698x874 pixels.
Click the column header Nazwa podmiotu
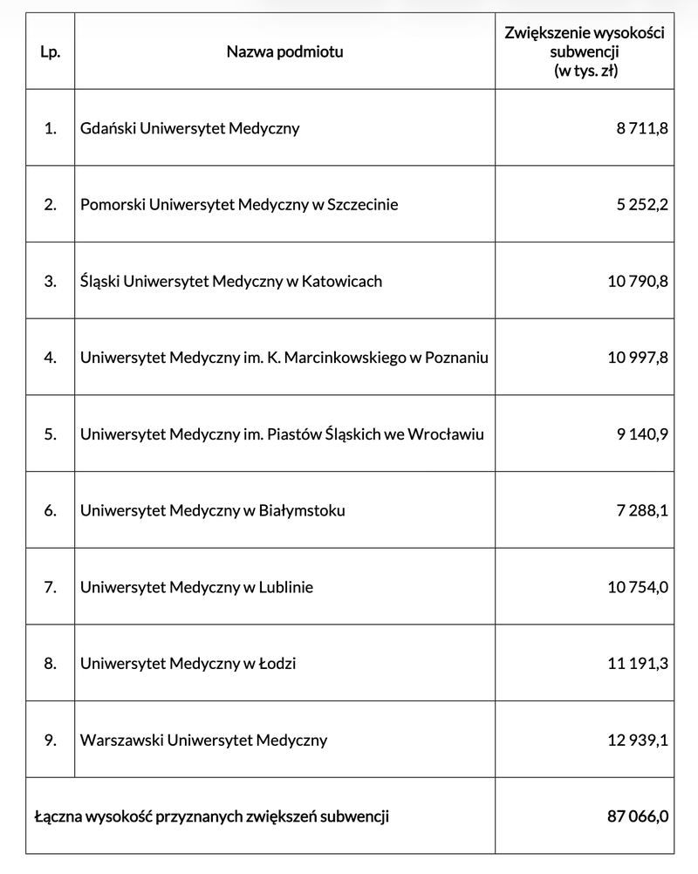pyautogui.click(x=284, y=51)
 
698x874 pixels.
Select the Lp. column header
pyautogui.click(x=50, y=51)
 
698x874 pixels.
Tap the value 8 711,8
pyautogui.click(x=641, y=128)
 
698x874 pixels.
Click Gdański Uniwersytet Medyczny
pyautogui.click(x=189, y=128)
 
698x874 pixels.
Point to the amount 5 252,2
pyautogui.click(x=641, y=205)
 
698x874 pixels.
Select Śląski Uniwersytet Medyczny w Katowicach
pyautogui.click(x=230, y=281)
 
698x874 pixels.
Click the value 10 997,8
pyautogui.click(x=637, y=358)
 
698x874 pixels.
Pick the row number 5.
pyautogui.click(x=50, y=434)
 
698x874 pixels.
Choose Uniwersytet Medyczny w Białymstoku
pyautogui.click(x=212, y=510)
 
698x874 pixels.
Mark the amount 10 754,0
pyautogui.click(x=637, y=587)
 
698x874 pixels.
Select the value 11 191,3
pyautogui.click(x=637, y=663)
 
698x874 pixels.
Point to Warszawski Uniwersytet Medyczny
pyautogui.click(x=203, y=740)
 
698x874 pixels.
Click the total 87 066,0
pyautogui.click(x=637, y=816)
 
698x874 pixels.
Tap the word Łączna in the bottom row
pyautogui.click(x=57, y=816)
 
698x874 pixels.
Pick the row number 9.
pyautogui.click(x=50, y=740)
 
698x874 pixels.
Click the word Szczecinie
pyautogui.click(x=361, y=205)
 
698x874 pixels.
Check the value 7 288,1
pyautogui.click(x=641, y=510)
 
